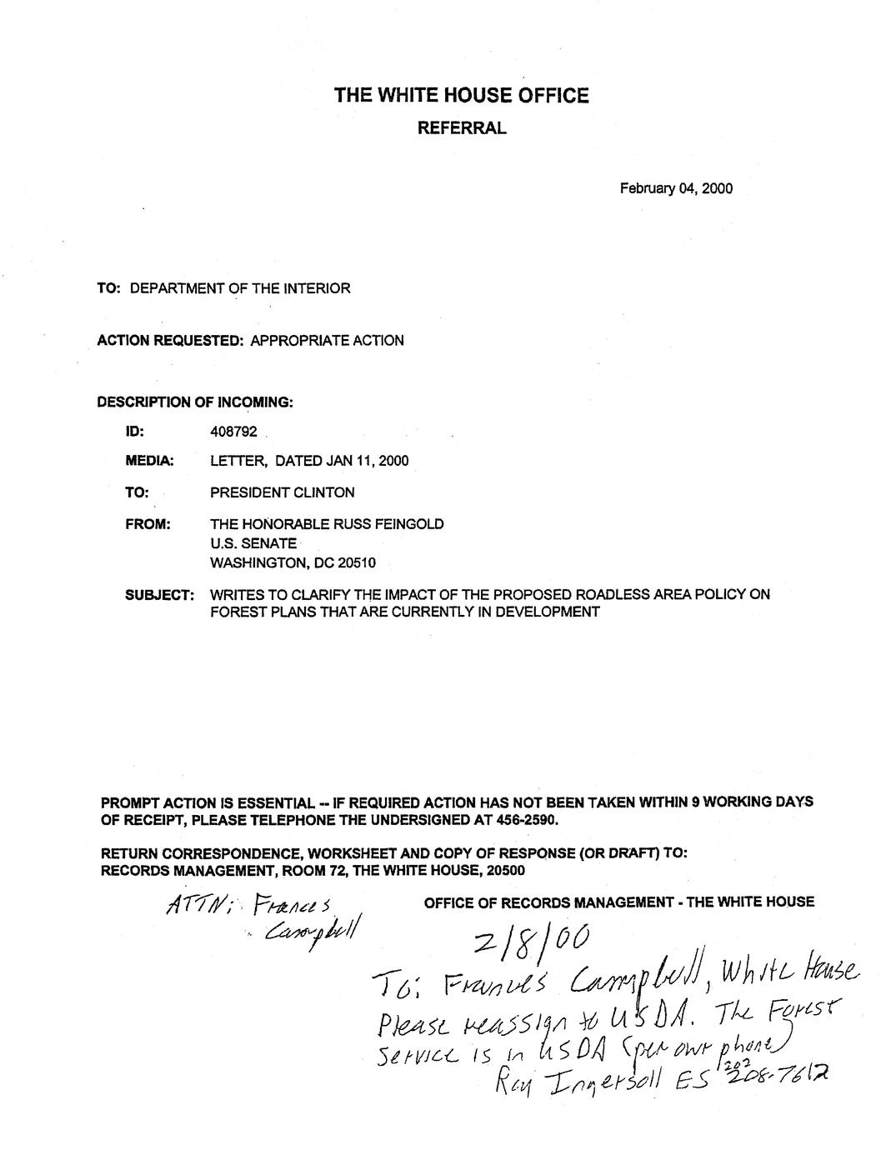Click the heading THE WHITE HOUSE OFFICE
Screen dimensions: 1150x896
461,96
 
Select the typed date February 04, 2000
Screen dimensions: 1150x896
675,188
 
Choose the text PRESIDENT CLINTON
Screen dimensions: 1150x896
282,492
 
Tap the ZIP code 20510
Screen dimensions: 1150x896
356,562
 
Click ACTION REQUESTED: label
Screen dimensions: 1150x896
169,341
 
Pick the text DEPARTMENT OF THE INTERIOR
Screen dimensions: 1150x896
240,289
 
